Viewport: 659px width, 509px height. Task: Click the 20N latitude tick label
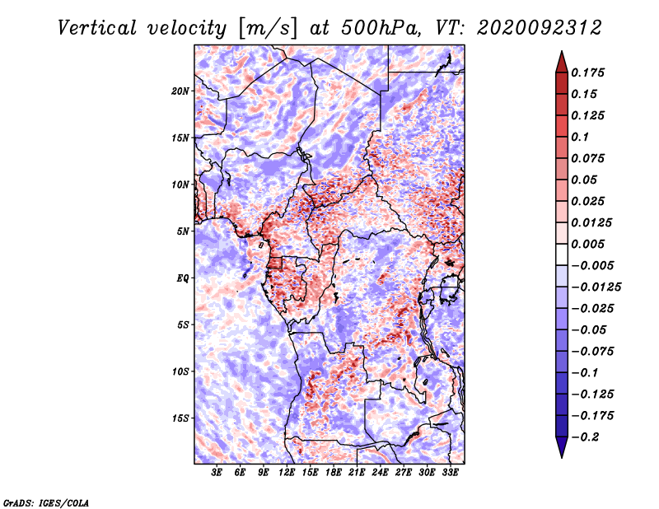(x=180, y=91)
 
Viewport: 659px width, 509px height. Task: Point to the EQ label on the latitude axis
(x=182, y=278)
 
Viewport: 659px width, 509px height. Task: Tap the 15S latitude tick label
(x=180, y=418)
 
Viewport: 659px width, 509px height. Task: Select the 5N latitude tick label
(x=183, y=231)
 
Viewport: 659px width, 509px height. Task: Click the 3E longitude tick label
(x=217, y=474)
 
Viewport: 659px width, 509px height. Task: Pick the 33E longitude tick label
(x=451, y=474)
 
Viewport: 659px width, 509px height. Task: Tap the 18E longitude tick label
(x=334, y=474)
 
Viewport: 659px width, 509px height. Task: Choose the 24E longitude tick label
(x=381, y=474)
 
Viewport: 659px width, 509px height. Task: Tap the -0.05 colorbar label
(x=588, y=329)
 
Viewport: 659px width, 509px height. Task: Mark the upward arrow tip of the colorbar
(x=561, y=53)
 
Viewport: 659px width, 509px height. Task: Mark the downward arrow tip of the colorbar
(x=561, y=455)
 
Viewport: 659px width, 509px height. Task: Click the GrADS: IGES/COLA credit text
(x=45, y=502)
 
